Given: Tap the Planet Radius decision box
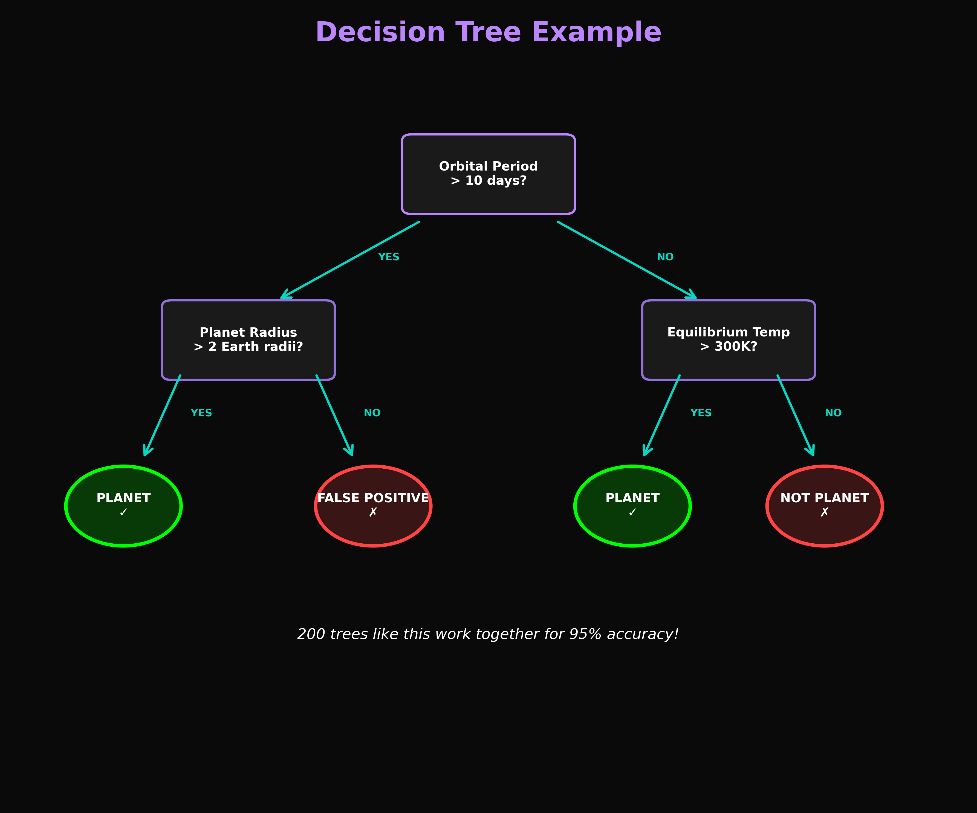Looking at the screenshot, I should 248,340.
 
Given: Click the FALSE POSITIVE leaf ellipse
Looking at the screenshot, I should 373,506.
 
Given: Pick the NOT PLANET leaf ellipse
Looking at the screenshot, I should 824,506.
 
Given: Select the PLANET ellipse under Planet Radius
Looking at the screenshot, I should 123,506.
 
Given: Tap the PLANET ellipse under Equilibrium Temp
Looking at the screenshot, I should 632,506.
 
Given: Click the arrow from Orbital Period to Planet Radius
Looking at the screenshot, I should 350,261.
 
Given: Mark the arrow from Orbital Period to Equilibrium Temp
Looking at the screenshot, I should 627,261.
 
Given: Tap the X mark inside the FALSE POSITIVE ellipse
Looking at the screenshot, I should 373,512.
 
